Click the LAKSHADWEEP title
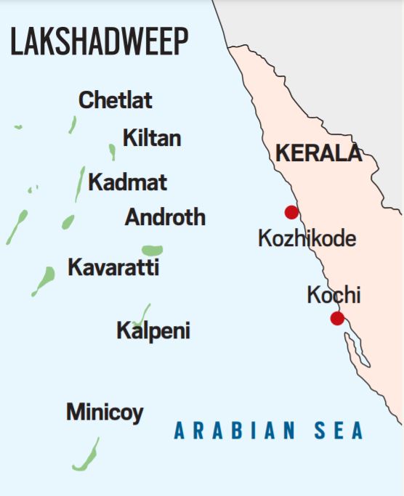pos(100,44)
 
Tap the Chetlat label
pos(116,100)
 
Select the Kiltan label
pos(152,138)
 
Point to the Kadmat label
pos(127,182)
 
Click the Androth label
pos(165,217)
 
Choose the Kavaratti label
pos(113,267)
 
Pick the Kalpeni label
pos(153,331)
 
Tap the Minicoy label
pos(105,412)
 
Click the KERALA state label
pos(318,153)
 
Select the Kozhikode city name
pos(307,237)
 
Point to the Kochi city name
pos(334,296)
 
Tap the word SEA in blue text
pos(339,431)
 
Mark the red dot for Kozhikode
pos(291,212)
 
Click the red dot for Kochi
pos(337,318)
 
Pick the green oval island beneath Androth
pos(152,250)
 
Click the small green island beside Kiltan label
pos(112,151)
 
